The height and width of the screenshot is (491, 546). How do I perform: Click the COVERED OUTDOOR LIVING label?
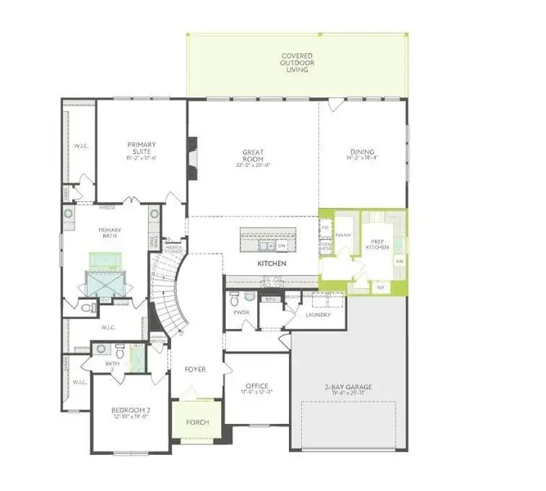(x=297, y=63)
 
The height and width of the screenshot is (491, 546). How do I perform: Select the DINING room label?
(x=362, y=153)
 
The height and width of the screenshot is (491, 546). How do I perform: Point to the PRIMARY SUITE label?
(x=141, y=148)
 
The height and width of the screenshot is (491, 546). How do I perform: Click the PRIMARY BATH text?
(x=110, y=231)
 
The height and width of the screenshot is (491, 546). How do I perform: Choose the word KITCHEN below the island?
(x=271, y=264)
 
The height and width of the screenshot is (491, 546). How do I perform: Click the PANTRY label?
(x=343, y=234)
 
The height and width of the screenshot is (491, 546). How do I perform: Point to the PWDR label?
(x=241, y=312)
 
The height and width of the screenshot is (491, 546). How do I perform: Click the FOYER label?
(x=195, y=369)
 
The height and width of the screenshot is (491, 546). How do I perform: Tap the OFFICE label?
(x=257, y=386)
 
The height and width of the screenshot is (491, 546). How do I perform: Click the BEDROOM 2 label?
(x=131, y=411)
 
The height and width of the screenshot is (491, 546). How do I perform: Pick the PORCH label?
(x=197, y=422)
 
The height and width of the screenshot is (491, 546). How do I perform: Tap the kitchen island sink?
(x=264, y=245)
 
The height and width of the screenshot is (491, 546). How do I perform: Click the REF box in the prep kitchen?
(x=381, y=287)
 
